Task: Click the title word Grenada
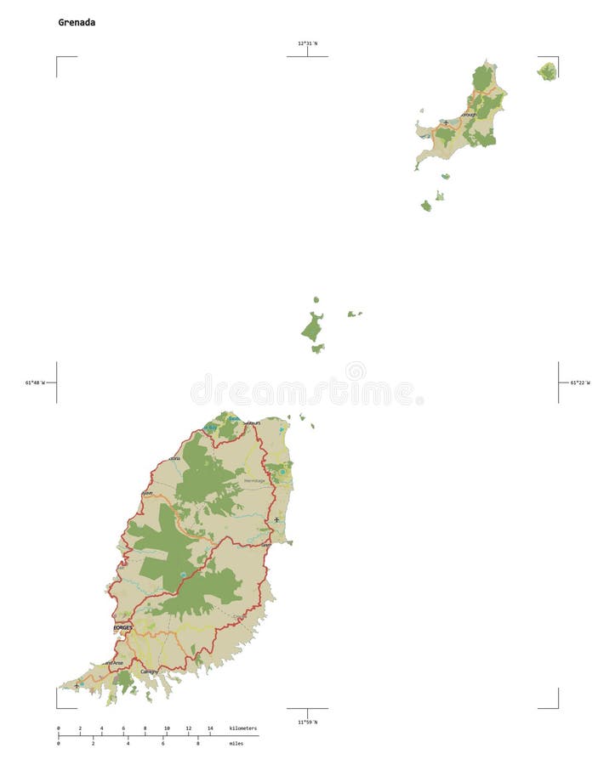click(x=77, y=23)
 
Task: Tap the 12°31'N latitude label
click(x=307, y=43)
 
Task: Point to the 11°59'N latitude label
click(x=307, y=722)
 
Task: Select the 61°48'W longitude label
click(x=35, y=382)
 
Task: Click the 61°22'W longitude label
click(x=580, y=382)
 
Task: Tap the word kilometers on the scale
click(x=242, y=728)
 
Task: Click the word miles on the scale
click(x=236, y=744)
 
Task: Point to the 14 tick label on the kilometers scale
click(x=210, y=728)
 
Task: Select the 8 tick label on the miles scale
click(x=198, y=744)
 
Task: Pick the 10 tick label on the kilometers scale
click(x=167, y=728)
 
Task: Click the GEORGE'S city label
click(x=123, y=627)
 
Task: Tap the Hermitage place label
click(x=254, y=481)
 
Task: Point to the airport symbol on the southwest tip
click(x=77, y=685)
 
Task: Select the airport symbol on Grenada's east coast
click(x=276, y=519)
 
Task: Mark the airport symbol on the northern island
click(x=445, y=122)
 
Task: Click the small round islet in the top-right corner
click(x=547, y=71)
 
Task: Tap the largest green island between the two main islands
click(x=311, y=327)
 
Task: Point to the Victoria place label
click(x=174, y=459)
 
